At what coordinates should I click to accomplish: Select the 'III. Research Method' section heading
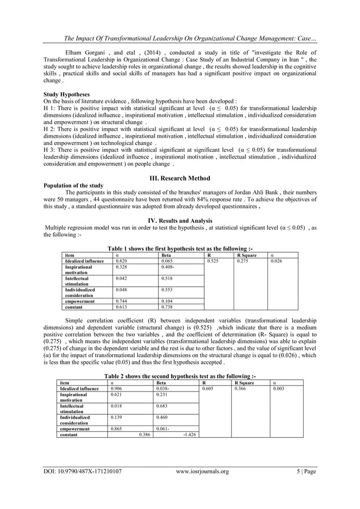(x=180, y=178)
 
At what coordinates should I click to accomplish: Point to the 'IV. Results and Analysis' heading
(x=180, y=221)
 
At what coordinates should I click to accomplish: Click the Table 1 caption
(x=180, y=249)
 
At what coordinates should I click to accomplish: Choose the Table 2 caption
(x=180, y=376)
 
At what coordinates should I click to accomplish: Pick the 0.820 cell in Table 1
(x=121, y=261)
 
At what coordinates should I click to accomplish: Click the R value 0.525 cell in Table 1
(x=213, y=261)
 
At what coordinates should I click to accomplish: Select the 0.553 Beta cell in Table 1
(x=166, y=289)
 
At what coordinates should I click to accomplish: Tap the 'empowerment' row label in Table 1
(x=79, y=301)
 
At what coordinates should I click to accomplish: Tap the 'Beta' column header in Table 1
(x=166, y=255)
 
